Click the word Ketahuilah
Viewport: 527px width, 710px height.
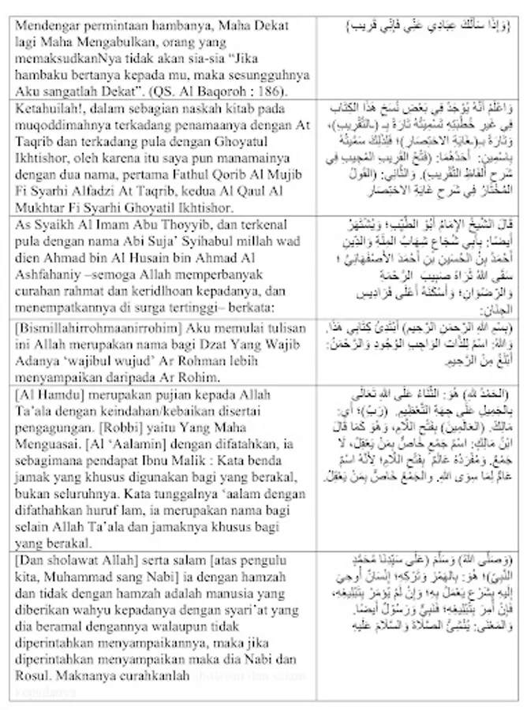point(47,110)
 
